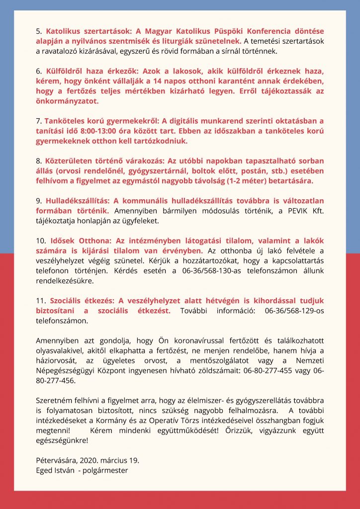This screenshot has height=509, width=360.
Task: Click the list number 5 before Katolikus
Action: (39, 31)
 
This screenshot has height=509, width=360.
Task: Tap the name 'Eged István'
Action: (55, 470)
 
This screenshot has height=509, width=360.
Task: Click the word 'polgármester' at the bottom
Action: (106, 470)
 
